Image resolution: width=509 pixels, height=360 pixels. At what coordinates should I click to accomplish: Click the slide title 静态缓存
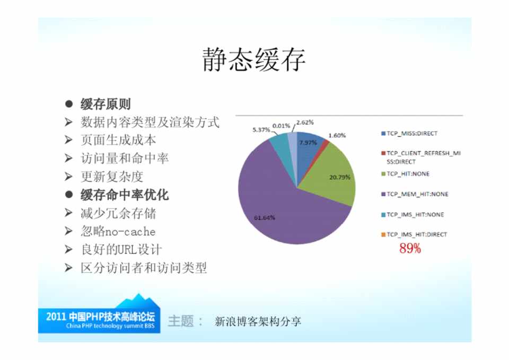[x=254, y=59]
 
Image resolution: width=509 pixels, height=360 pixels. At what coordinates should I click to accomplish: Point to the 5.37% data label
[x=261, y=130]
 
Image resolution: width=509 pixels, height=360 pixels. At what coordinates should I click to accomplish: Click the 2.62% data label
[x=305, y=122]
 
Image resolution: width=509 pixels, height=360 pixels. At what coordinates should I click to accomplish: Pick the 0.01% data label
[x=281, y=126]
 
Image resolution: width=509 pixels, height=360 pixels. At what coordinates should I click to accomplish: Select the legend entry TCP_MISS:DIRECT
[x=409, y=134]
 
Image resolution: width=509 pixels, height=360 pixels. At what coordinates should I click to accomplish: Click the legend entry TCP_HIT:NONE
[x=406, y=174]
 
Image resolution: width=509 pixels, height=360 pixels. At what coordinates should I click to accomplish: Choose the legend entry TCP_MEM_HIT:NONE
[x=415, y=194]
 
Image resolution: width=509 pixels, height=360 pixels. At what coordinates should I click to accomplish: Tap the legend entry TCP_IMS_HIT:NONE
[x=413, y=215]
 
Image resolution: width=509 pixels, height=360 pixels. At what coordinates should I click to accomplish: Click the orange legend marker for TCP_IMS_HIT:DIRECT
[x=383, y=235]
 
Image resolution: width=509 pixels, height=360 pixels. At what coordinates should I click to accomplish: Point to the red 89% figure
[x=410, y=248]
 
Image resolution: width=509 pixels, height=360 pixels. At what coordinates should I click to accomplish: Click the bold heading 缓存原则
[x=106, y=104]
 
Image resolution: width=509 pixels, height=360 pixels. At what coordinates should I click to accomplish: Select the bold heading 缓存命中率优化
[x=125, y=195]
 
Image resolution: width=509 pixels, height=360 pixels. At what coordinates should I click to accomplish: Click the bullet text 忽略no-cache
[x=118, y=232]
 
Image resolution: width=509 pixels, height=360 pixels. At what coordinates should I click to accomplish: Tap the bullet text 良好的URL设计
[x=121, y=250]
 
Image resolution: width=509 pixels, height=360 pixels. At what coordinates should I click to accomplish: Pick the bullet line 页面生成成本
[x=118, y=140]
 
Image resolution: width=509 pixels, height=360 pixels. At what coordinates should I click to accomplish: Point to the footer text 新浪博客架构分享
[x=258, y=322]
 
